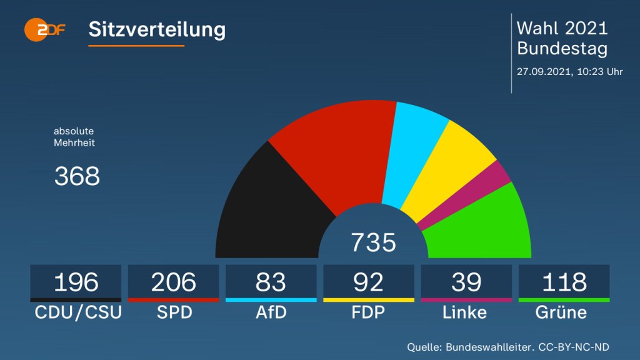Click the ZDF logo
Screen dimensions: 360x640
[x=44, y=29]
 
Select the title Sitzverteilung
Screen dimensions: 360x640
[x=157, y=29]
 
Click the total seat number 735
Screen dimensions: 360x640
[x=373, y=242]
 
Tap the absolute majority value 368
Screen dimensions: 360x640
[x=77, y=176]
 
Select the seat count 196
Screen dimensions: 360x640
[x=76, y=282]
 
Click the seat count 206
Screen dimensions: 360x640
[x=173, y=282]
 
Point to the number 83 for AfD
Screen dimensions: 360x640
[x=271, y=282]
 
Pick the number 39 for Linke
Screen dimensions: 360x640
[x=466, y=282]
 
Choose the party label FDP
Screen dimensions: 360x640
[x=368, y=312]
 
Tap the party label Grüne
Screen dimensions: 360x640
[x=561, y=312]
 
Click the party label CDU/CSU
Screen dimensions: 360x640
[x=76, y=312]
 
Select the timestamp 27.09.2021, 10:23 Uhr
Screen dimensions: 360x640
[x=569, y=71]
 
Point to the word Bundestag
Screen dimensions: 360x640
[x=562, y=48]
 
